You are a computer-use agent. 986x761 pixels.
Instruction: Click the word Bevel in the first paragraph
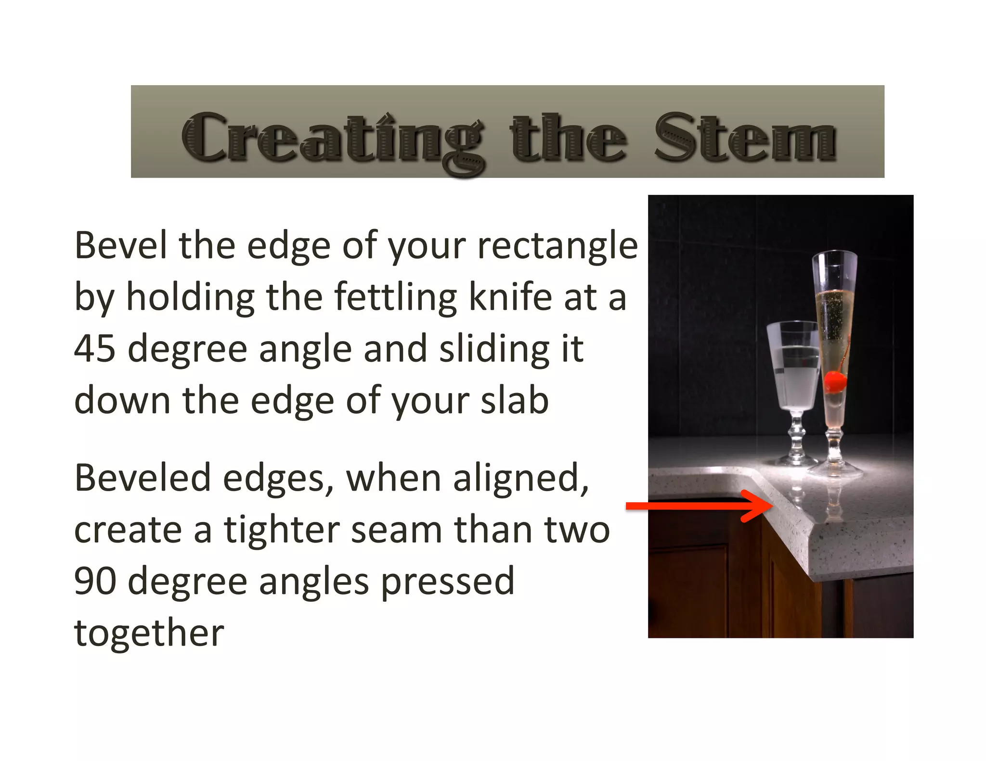click(121, 245)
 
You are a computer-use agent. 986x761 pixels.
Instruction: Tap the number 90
click(95, 581)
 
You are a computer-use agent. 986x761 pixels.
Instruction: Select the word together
click(149, 633)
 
